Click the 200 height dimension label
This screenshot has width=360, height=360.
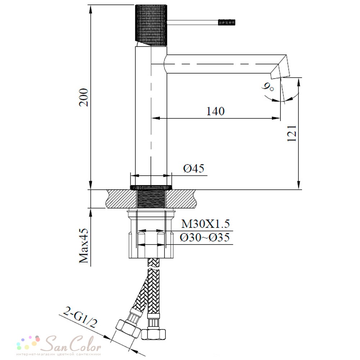[84, 97]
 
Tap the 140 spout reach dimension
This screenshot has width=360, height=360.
[215, 111]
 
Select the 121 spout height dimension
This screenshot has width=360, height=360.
[292, 134]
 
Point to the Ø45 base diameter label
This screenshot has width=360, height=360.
[194, 168]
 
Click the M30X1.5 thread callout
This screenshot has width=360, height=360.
[206, 224]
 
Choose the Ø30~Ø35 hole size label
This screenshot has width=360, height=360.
[205, 237]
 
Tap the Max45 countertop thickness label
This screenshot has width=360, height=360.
[84, 246]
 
